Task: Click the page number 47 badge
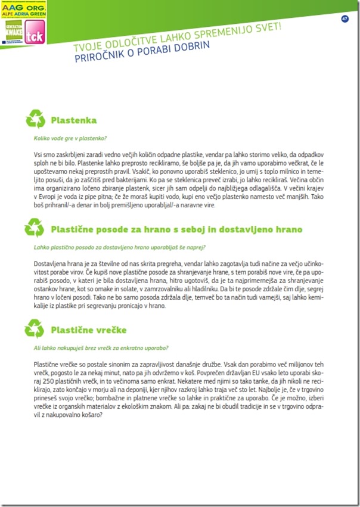click(x=345, y=19)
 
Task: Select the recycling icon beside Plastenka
click(x=35, y=118)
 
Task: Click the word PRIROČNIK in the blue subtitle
click(x=98, y=58)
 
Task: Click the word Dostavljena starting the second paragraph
click(x=50, y=263)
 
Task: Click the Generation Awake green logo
click(x=11, y=35)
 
